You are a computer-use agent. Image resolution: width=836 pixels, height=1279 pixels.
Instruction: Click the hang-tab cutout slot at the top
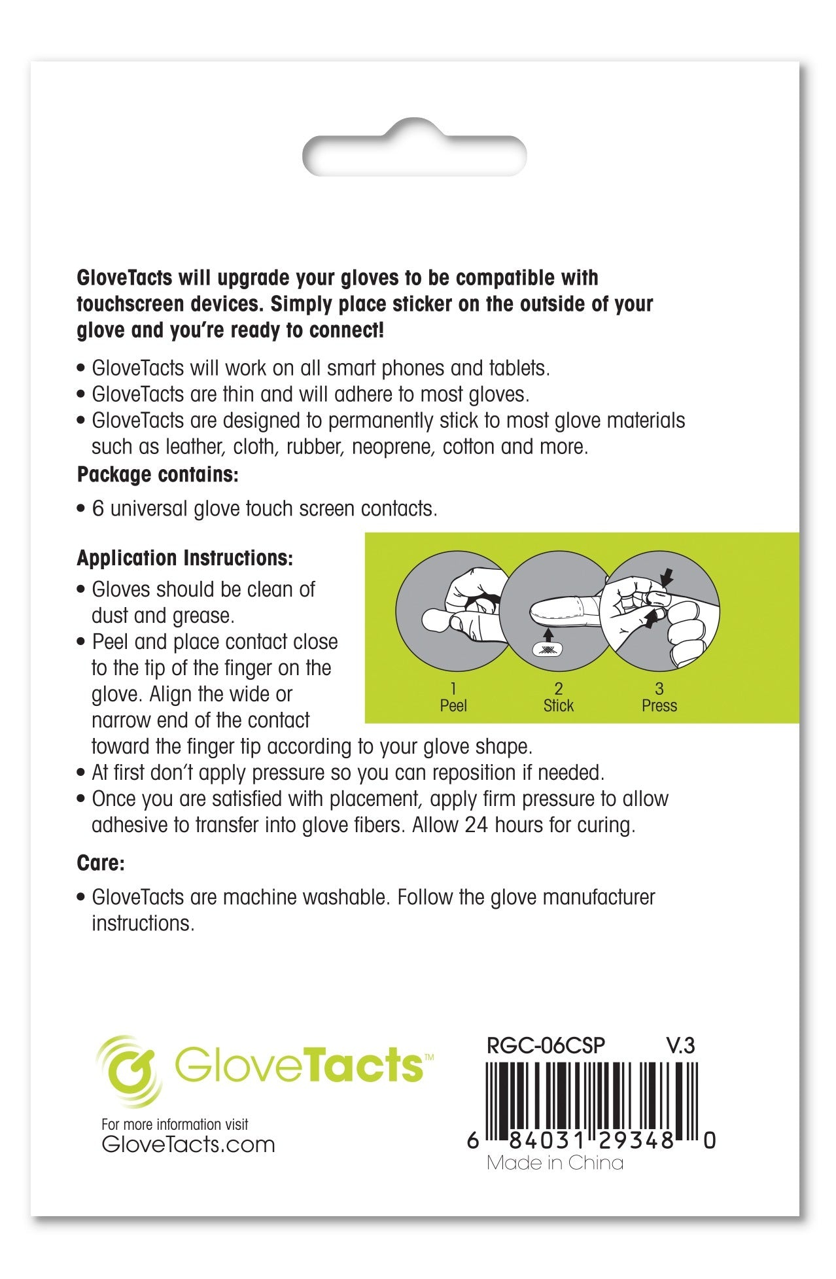[415, 149]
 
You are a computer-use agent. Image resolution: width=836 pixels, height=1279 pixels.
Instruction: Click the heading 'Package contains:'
[158, 474]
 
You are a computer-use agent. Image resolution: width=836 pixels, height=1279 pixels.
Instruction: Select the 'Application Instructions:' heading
[185, 558]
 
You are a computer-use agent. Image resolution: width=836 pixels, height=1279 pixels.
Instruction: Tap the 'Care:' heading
[101, 863]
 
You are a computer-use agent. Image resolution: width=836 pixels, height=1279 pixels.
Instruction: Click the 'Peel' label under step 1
[453, 706]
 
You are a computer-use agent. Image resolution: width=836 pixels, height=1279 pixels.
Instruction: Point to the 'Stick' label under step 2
[558, 706]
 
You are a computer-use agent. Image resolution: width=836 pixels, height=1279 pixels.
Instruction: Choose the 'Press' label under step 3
[659, 706]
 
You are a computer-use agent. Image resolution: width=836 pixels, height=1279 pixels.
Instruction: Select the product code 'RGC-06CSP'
[546, 1045]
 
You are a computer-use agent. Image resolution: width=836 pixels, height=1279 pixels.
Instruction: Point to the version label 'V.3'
[680, 1045]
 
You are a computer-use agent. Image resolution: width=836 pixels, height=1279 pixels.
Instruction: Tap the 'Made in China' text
[555, 1163]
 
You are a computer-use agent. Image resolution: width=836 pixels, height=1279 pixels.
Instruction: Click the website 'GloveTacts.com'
[188, 1144]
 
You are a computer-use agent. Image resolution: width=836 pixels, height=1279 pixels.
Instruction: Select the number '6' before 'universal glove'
[98, 509]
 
